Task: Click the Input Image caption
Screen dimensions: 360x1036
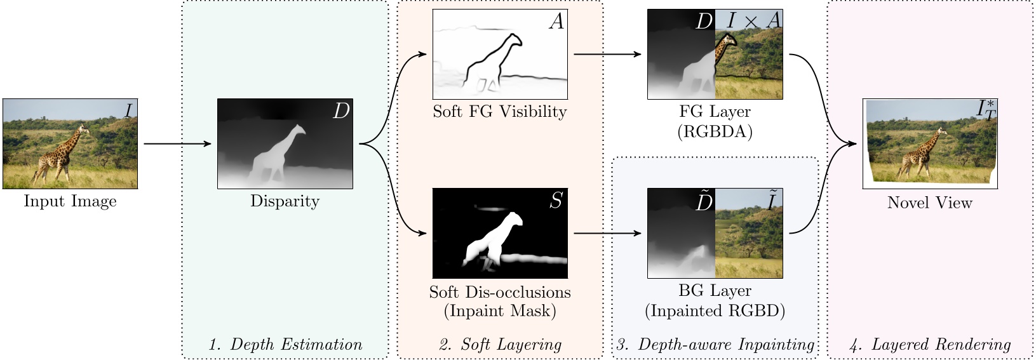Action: tap(70, 201)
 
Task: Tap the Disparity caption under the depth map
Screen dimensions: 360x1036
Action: tap(285, 201)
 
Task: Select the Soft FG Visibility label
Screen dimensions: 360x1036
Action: tap(499, 112)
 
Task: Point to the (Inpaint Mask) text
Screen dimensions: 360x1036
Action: tap(499, 311)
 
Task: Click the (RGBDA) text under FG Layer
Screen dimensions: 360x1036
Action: tap(715, 131)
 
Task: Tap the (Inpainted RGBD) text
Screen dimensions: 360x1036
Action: tap(715, 311)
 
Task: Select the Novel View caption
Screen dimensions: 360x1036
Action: tap(929, 203)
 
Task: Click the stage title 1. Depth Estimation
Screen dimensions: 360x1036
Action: tap(285, 345)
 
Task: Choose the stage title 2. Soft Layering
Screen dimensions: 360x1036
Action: tap(500, 345)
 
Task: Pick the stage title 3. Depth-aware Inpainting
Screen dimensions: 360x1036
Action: tap(715, 345)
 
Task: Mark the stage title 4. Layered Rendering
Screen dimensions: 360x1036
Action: tap(930, 345)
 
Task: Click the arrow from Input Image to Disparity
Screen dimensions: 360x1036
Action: tap(177, 144)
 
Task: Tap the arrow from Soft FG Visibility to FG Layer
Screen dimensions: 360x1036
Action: tap(607, 55)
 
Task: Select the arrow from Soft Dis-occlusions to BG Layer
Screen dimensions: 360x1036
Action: tap(607, 234)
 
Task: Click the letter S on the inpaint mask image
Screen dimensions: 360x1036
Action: tap(556, 201)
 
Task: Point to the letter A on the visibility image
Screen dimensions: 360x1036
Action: tap(556, 22)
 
